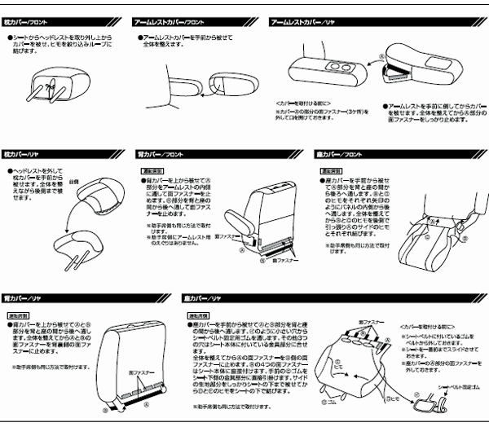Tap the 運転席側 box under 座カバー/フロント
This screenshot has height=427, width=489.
pos(330,172)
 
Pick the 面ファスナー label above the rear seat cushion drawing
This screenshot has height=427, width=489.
pos(347,324)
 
